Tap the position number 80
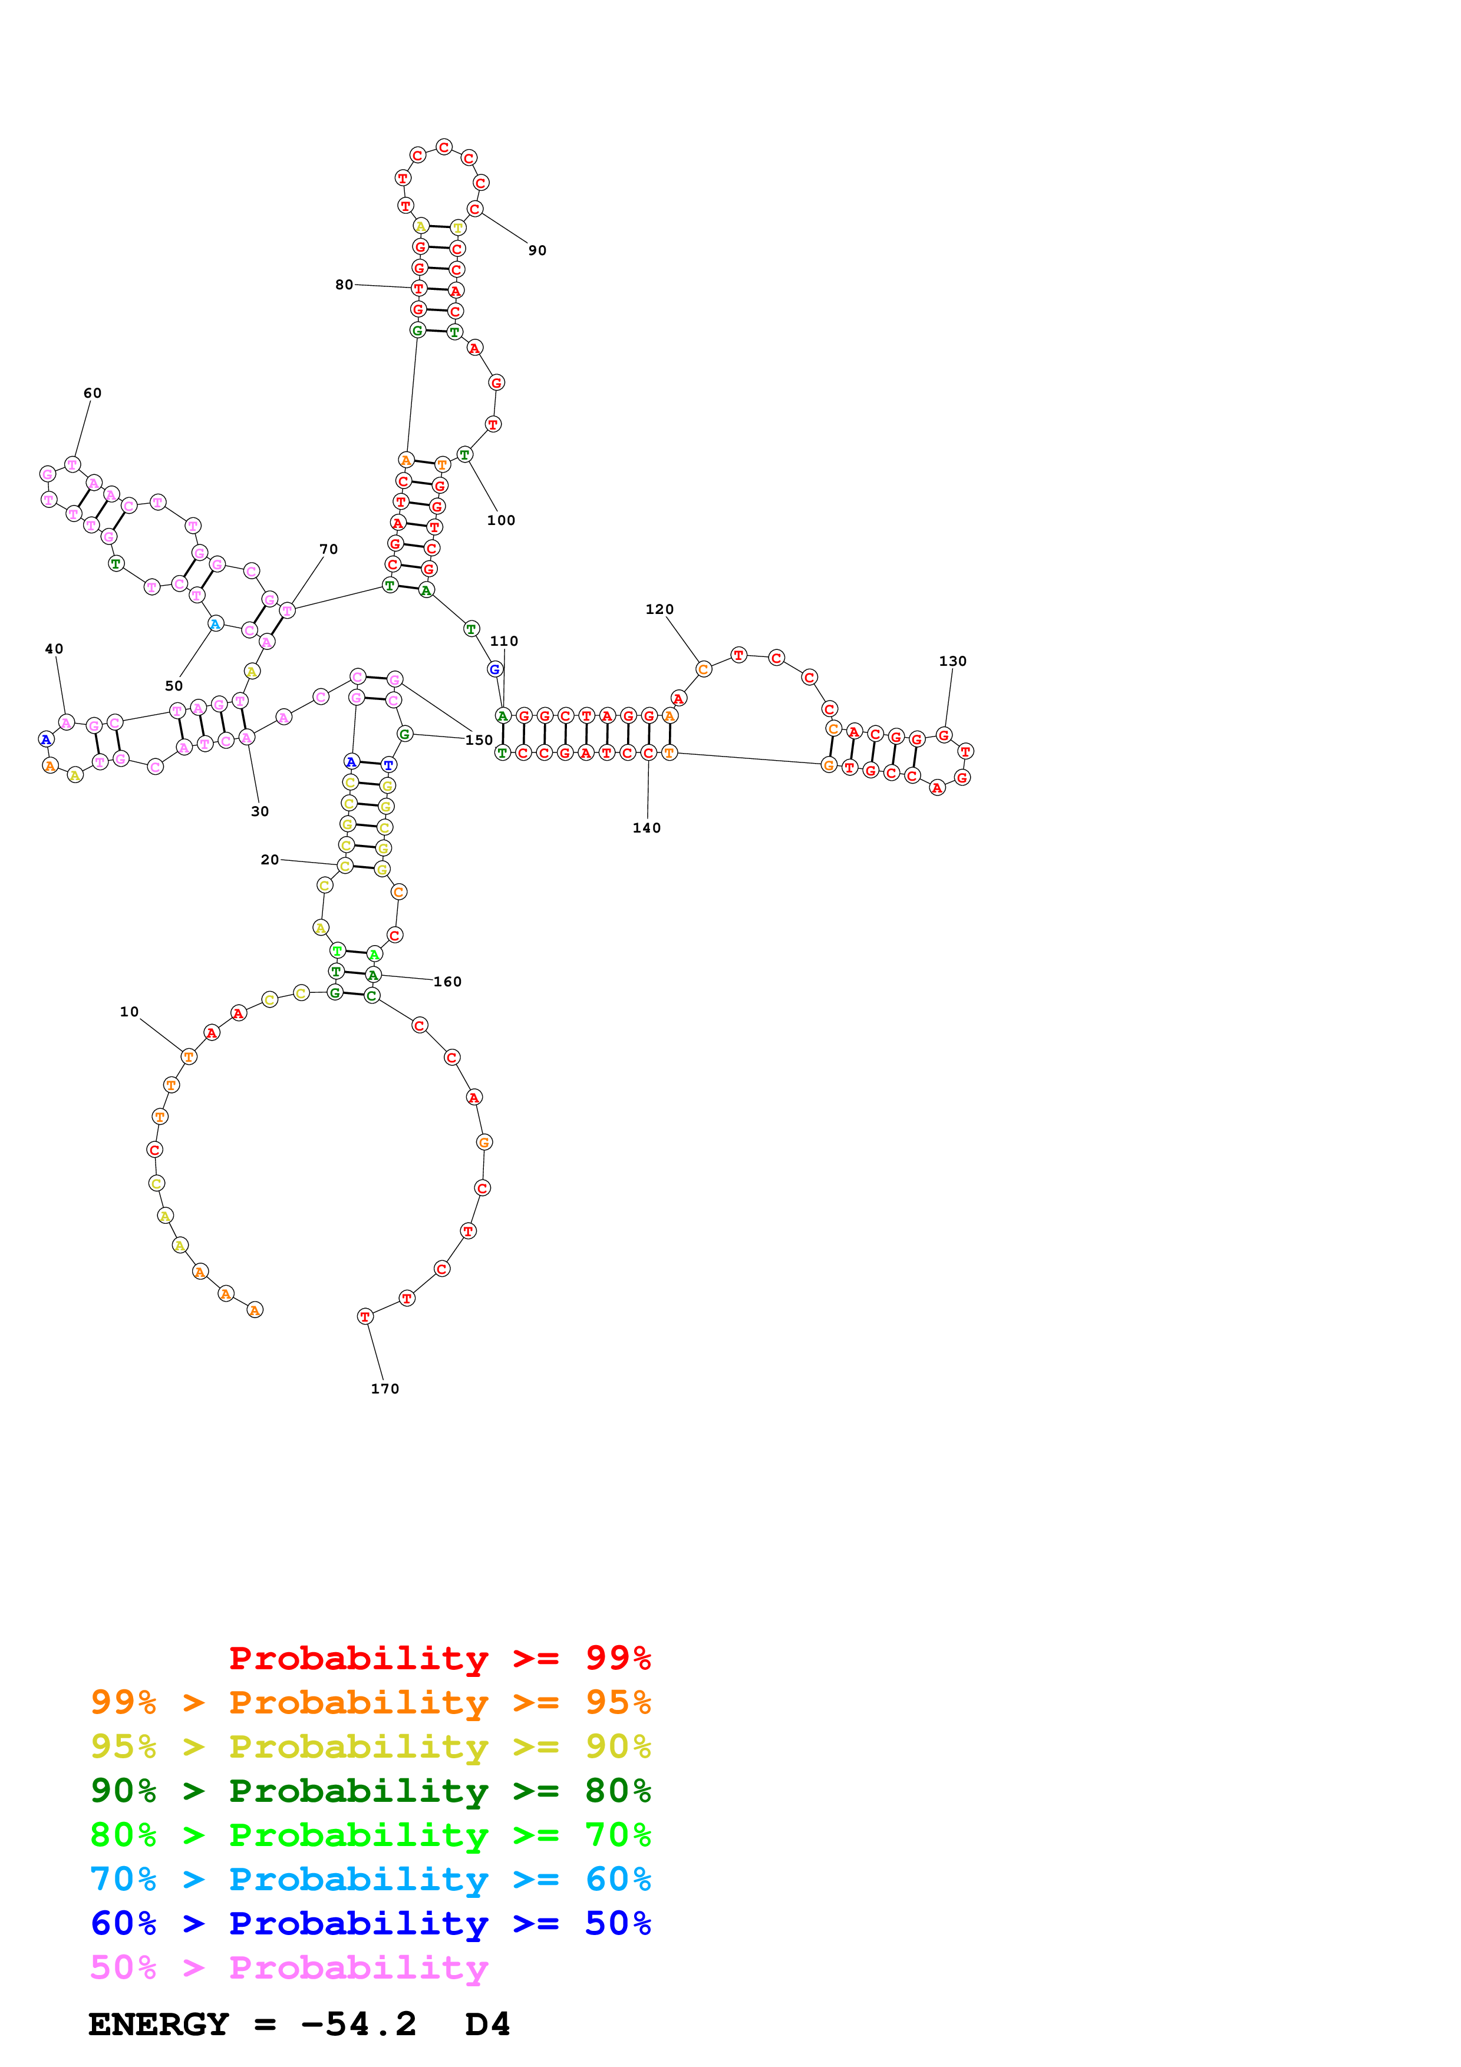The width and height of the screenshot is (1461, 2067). [x=344, y=285]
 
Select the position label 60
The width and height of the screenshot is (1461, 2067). [x=92, y=394]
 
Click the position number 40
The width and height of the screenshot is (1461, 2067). [x=54, y=649]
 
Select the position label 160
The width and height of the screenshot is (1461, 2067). [x=447, y=982]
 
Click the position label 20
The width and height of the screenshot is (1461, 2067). [x=269, y=860]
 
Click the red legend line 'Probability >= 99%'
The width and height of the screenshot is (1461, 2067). [x=439, y=1658]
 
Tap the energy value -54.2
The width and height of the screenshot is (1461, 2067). [x=358, y=2025]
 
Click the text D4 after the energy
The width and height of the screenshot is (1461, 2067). [x=487, y=2025]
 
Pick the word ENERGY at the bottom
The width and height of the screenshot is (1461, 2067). [x=159, y=2025]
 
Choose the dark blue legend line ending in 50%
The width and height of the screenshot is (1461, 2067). [x=370, y=1923]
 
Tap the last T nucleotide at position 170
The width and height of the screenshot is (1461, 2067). [x=365, y=1316]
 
